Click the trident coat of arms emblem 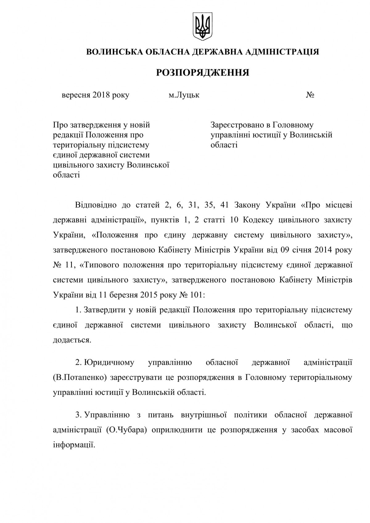202,26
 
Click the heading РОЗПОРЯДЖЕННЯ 202,73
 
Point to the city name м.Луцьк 184,95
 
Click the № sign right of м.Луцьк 310,95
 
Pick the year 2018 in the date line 100,95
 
